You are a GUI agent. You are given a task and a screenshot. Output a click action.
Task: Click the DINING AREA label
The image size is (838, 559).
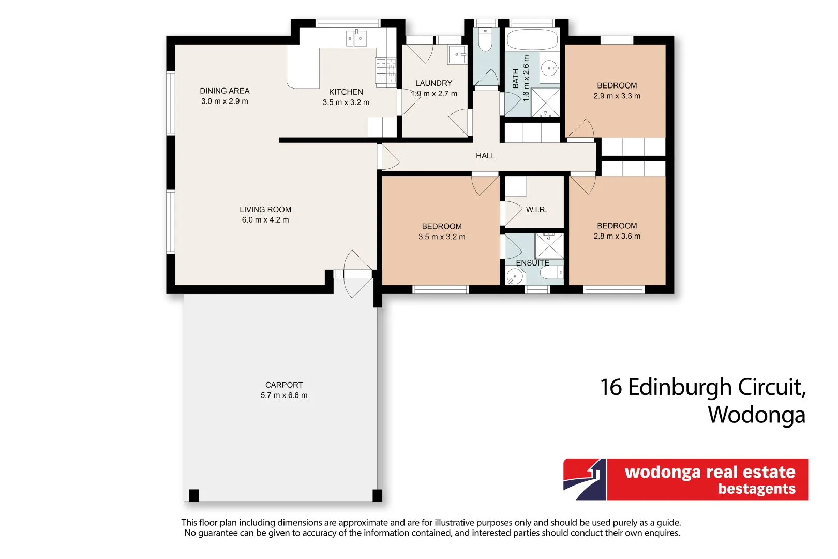click(x=225, y=91)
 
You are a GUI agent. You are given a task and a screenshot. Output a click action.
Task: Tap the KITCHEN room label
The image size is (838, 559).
click(x=346, y=92)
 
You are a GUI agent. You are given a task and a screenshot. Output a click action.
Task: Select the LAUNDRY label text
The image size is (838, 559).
click(x=433, y=83)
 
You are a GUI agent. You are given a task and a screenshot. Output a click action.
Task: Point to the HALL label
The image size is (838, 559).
click(x=485, y=156)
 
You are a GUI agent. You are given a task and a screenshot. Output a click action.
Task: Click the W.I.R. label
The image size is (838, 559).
click(x=536, y=210)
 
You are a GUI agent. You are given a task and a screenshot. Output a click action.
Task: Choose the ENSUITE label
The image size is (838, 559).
click(x=532, y=263)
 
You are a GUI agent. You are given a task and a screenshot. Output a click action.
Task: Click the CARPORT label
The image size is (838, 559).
click(x=284, y=385)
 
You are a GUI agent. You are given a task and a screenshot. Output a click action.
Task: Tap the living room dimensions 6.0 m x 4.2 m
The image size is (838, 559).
click(x=265, y=220)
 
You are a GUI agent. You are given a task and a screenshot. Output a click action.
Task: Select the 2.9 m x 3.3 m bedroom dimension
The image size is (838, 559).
click(x=617, y=96)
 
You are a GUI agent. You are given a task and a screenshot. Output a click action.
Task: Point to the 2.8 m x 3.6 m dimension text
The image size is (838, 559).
click(x=617, y=237)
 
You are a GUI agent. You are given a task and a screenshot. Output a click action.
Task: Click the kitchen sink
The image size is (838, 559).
click(x=356, y=38)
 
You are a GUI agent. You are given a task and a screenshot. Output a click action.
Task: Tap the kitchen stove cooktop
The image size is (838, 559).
click(x=385, y=70)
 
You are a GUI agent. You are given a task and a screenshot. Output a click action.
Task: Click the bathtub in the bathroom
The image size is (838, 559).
click(x=532, y=39)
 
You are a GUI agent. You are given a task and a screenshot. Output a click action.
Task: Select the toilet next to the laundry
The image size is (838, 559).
click(x=485, y=40)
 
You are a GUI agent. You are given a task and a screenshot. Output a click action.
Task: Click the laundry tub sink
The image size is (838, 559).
click(x=457, y=54)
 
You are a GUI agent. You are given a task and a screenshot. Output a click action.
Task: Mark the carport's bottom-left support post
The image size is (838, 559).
click(x=194, y=495)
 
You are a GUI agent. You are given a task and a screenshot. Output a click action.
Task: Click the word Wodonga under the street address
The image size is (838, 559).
click(x=756, y=415)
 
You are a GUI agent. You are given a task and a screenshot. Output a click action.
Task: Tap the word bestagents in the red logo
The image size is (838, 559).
click(x=756, y=489)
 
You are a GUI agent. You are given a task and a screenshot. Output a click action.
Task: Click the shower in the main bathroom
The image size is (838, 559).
click(x=545, y=102)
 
